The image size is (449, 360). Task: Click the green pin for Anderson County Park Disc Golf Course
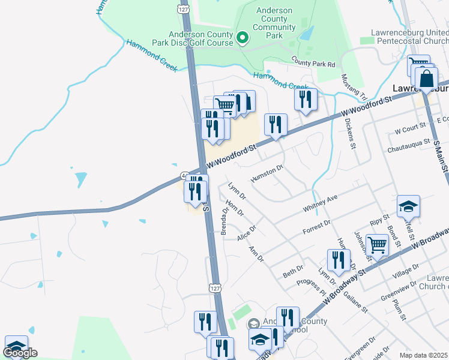click(243, 38)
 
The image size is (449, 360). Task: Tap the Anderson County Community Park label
click(274, 23)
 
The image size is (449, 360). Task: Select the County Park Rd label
click(313, 63)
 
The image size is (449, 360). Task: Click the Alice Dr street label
click(246, 233)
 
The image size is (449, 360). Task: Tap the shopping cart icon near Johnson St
click(377, 244)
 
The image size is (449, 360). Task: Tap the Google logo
click(20, 353)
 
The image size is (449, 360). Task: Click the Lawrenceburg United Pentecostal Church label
click(412, 37)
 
